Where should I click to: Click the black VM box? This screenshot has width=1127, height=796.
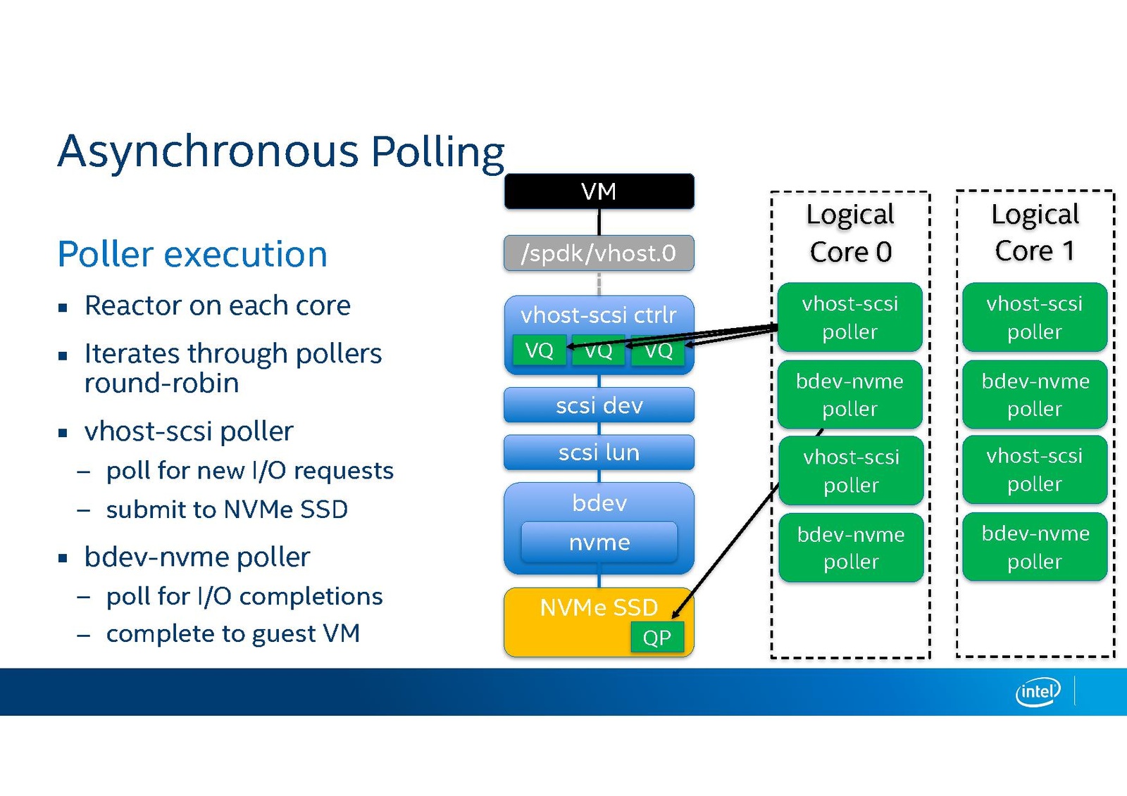(599, 191)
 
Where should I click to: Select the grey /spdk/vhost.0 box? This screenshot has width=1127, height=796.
(599, 253)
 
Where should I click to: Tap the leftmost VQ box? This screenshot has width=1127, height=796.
(539, 350)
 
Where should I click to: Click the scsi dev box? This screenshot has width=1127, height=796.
(599, 405)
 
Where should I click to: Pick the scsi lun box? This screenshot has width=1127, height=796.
(599, 452)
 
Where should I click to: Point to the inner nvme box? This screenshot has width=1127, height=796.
(599, 542)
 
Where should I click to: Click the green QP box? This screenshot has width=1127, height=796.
(656, 638)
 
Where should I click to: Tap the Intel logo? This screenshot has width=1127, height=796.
(1038, 692)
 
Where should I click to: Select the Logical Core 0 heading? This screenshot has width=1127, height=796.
(850, 233)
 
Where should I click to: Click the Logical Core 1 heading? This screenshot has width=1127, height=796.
(1035, 233)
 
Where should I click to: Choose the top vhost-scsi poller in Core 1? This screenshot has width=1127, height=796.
(1034, 317)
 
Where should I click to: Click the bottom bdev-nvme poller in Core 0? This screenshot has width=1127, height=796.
(851, 548)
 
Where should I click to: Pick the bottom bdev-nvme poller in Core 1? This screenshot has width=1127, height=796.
(1035, 547)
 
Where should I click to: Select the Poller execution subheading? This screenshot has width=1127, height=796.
(192, 254)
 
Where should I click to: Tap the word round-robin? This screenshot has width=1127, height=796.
(161, 384)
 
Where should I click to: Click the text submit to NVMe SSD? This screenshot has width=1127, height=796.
(227, 509)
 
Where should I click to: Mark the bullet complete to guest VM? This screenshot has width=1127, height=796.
(232, 633)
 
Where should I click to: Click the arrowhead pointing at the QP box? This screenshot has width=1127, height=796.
(676, 614)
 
